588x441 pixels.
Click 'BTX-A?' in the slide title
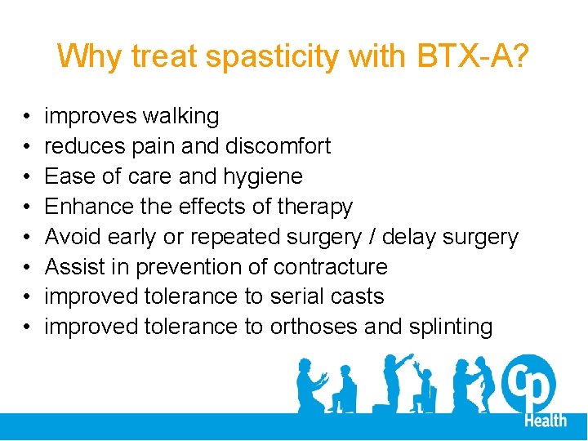[473, 56]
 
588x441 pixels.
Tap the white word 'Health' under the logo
[545, 420]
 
